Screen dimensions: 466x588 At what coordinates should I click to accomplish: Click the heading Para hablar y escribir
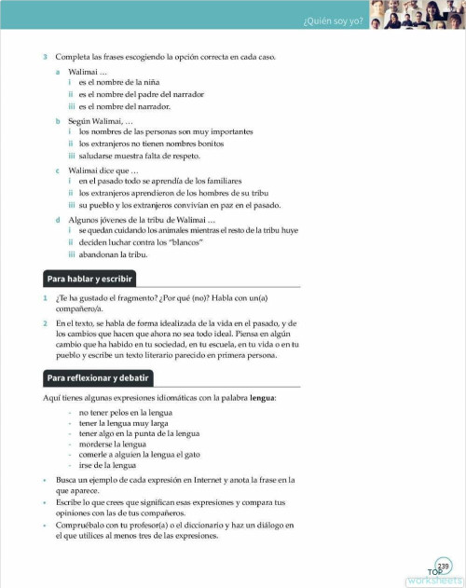point(90,278)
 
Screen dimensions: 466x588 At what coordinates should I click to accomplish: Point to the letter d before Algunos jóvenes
point(57,218)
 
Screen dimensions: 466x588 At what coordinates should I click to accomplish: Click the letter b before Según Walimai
point(57,120)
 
